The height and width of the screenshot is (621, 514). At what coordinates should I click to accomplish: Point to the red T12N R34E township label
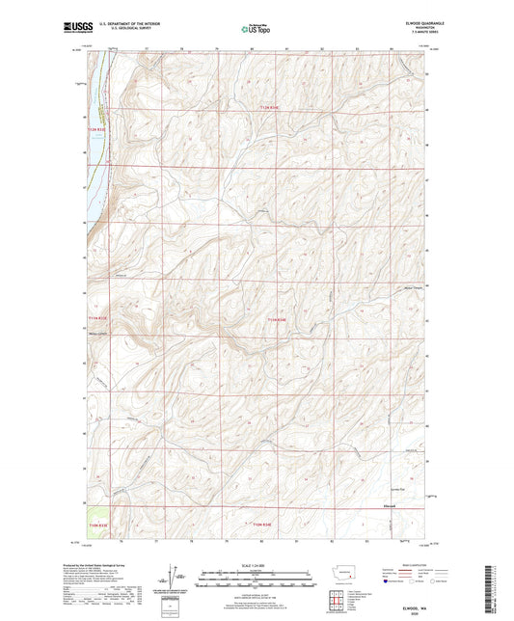point(275,108)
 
